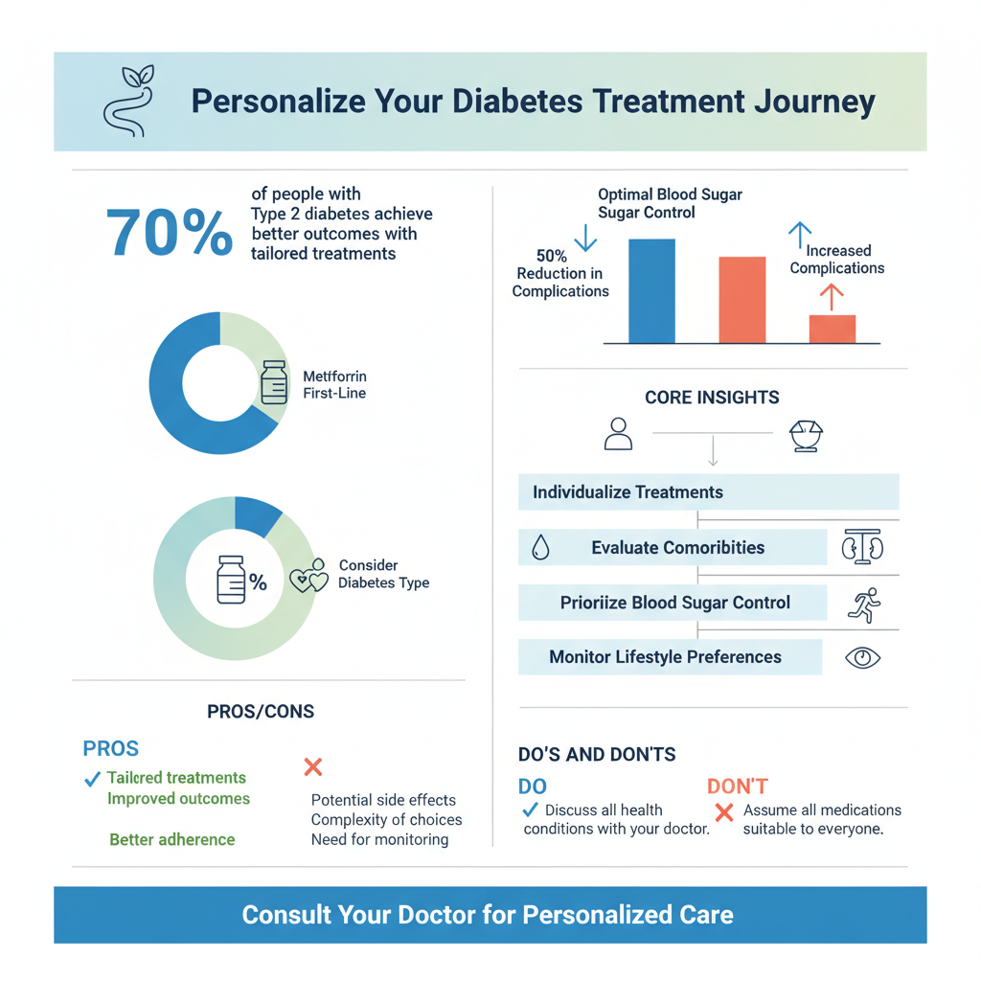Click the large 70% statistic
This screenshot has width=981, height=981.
click(169, 233)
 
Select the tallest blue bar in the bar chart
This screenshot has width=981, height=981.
click(651, 291)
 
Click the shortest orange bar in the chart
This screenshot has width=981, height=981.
click(832, 329)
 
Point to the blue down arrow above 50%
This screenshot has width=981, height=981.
click(580, 235)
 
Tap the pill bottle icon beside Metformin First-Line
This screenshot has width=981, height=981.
click(274, 382)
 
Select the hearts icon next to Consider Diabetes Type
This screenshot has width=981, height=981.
click(308, 576)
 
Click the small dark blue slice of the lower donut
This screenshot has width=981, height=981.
click(256, 514)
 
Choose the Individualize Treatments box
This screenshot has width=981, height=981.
click(707, 492)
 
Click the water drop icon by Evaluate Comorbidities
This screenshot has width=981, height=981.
click(540, 548)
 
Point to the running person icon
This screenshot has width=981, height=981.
click(864, 604)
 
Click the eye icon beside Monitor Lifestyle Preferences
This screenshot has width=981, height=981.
click(863, 658)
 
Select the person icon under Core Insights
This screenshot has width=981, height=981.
click(619, 433)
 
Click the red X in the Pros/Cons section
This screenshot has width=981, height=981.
click(312, 766)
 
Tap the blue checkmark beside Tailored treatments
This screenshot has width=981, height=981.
click(93, 779)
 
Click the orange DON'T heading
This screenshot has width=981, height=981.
click(738, 787)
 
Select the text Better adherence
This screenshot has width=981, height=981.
click(172, 840)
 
